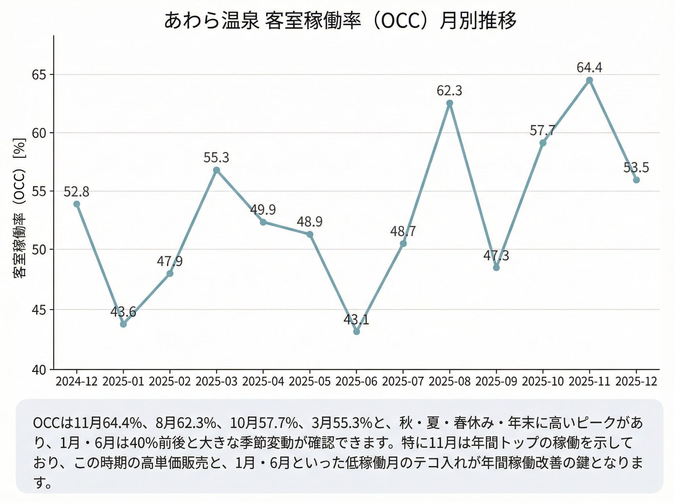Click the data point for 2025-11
point(589,80)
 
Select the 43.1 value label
point(356,319)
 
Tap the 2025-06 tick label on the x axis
point(356,381)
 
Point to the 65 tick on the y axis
point(39,75)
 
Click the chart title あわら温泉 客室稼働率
point(340,20)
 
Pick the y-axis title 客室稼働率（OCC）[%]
point(20,208)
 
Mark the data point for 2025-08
point(450,103)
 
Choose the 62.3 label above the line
point(450,91)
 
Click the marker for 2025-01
point(123,324)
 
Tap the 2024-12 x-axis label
point(76,381)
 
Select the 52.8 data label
point(76,192)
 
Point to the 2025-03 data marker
point(216,170)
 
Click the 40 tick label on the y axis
point(39,370)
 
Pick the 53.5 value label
point(636,167)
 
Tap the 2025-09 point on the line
point(496,268)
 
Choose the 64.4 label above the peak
point(589,68)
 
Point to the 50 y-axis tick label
point(39,250)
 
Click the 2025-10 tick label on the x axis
point(543,381)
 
